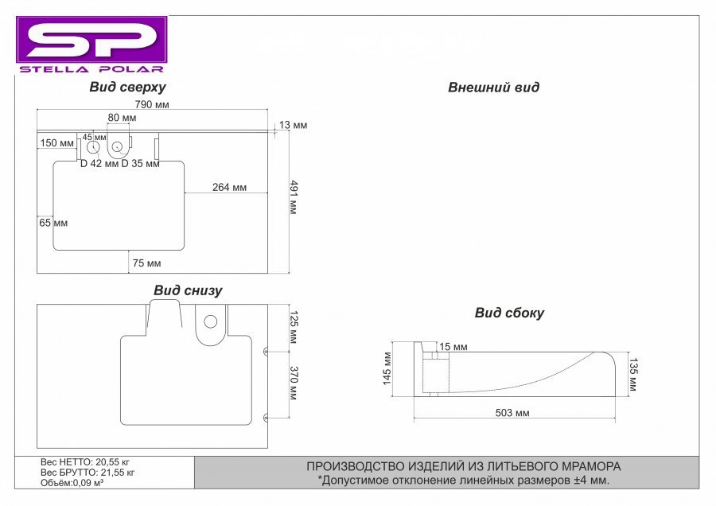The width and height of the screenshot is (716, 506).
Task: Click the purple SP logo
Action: (x=91, y=40)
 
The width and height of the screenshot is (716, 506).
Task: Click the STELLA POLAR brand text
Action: (x=91, y=69)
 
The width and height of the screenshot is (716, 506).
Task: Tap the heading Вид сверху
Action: (x=127, y=87)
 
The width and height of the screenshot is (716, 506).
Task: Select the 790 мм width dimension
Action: (x=152, y=104)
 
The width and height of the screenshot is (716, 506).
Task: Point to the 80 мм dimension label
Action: (x=122, y=118)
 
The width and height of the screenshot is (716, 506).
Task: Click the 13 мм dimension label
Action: (x=293, y=125)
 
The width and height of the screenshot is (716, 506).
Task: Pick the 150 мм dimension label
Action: (x=56, y=143)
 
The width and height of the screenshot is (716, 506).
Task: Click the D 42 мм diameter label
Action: (x=99, y=163)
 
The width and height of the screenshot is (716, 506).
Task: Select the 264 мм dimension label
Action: (x=229, y=187)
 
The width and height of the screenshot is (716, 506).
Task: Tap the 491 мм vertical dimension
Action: (x=294, y=197)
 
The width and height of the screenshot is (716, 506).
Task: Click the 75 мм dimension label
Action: (x=146, y=263)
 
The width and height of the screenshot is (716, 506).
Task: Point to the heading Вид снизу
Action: (x=188, y=290)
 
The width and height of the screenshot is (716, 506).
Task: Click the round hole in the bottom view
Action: (x=211, y=321)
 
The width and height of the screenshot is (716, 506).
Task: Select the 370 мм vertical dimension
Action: (x=294, y=383)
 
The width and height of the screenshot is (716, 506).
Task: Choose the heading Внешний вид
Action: (x=493, y=88)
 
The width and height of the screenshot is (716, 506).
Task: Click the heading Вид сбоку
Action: (x=510, y=313)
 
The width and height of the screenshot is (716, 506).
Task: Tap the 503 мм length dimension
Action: (x=512, y=413)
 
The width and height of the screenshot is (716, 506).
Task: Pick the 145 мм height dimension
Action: (x=387, y=368)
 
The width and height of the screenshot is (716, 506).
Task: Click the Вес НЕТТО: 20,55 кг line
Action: (x=85, y=462)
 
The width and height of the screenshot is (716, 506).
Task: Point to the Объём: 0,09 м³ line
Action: (x=72, y=483)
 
